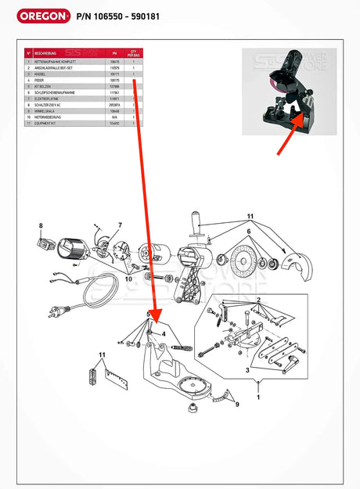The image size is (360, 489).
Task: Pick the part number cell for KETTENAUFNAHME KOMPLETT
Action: click(114, 61)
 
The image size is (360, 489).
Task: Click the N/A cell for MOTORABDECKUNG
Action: click(114, 117)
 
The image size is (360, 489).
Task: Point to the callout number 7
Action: click(120, 225)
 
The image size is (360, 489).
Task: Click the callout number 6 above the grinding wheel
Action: click(250, 231)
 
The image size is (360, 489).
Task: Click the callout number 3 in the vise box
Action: click(248, 369)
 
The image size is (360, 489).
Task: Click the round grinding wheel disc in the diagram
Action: click(231, 263)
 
